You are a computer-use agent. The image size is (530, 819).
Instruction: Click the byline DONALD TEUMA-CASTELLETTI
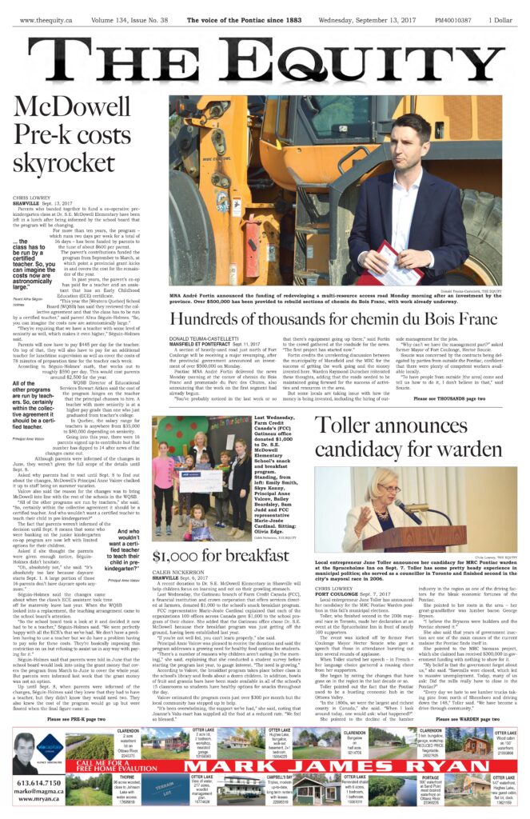[208, 340]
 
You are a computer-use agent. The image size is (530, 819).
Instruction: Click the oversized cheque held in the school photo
[197, 481]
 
